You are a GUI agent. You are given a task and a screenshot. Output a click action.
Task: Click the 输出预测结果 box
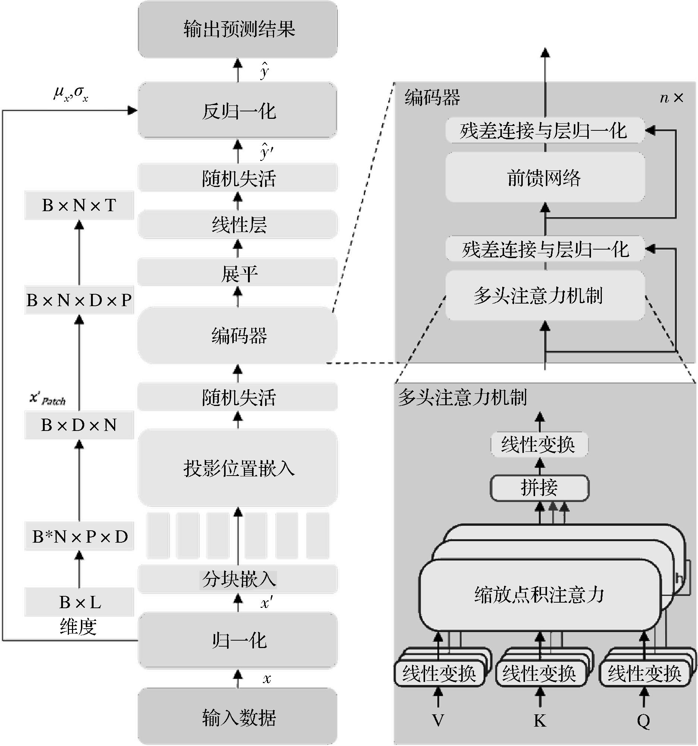[x=238, y=29]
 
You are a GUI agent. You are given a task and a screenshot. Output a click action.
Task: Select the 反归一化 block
[x=238, y=111]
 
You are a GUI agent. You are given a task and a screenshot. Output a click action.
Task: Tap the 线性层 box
[x=238, y=225]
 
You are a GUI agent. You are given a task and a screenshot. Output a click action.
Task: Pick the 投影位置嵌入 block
[x=238, y=468]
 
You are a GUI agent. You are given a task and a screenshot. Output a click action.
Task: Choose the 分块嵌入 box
[x=238, y=579]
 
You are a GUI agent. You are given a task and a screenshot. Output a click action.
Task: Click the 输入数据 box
[x=238, y=718]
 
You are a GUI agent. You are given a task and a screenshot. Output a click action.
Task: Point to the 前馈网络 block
[x=545, y=178]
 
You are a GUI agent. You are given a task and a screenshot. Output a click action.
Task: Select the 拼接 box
[x=540, y=488]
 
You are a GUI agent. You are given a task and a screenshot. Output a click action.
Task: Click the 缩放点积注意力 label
[x=540, y=594]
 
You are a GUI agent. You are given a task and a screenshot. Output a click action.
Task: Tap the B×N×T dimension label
[x=79, y=205]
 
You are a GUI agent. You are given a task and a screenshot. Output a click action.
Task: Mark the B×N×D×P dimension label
[x=79, y=300]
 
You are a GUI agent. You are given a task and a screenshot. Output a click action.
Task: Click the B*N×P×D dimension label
[x=79, y=537]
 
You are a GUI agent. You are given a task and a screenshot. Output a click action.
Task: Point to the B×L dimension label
[x=79, y=602]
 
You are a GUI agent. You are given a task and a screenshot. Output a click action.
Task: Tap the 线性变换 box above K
[x=540, y=673]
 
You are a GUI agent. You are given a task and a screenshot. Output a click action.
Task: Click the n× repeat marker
[x=671, y=98]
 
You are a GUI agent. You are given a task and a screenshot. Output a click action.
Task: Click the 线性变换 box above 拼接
[x=540, y=445]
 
